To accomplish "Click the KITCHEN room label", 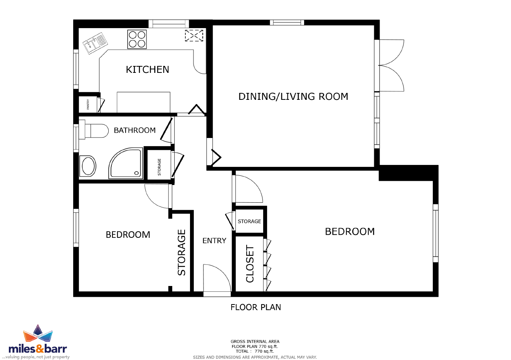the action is pyautogui.click(x=147, y=69).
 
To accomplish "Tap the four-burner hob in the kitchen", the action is pyautogui.click(x=137, y=39).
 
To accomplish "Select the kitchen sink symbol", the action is pyautogui.click(x=95, y=43).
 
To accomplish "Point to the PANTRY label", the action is pyautogui.click(x=88, y=104).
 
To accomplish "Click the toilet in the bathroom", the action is pyautogui.click(x=94, y=131).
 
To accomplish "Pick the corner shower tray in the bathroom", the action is pyautogui.click(x=126, y=163).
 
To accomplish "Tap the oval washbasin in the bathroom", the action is pyautogui.click(x=87, y=166).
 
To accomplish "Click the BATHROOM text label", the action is pyautogui.click(x=134, y=130).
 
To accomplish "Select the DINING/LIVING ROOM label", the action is pyautogui.click(x=293, y=96).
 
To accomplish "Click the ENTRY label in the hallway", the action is pyautogui.click(x=214, y=241).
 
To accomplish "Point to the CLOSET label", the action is pyautogui.click(x=250, y=264).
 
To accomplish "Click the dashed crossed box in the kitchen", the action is pyautogui.click(x=194, y=35).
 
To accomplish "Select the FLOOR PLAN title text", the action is pyautogui.click(x=255, y=307).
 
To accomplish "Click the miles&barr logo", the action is pyautogui.click(x=38, y=342).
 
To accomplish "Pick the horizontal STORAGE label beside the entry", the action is pyautogui.click(x=249, y=221).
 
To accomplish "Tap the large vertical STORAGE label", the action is pyautogui.click(x=182, y=252).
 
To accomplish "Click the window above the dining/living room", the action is pyautogui.click(x=287, y=22).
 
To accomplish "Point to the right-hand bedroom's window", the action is pyautogui.click(x=435, y=233).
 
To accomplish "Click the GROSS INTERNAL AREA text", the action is pyautogui.click(x=255, y=341).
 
